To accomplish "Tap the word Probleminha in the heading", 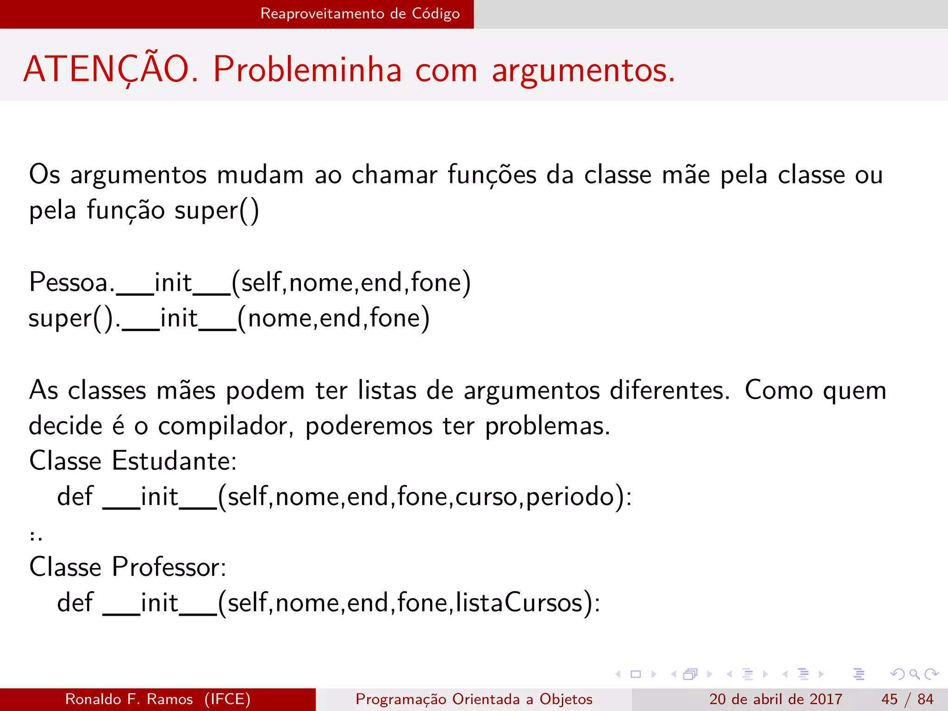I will coord(307,69).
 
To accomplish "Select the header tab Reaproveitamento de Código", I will coord(360,13).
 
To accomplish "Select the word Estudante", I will coord(174,461).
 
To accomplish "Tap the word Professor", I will coord(169,567).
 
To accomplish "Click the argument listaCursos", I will coord(518,603).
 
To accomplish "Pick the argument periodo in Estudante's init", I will coord(570,497).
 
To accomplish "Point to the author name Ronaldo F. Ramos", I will coord(129,699).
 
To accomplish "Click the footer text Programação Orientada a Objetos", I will coord(474,699).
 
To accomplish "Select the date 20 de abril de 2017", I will coord(775,699).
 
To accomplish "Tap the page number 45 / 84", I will coord(907,699).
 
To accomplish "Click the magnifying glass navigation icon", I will coord(914,674).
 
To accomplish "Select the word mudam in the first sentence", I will coord(260,175).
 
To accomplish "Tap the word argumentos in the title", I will coord(583,69).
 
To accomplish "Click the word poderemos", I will coord(369,426).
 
